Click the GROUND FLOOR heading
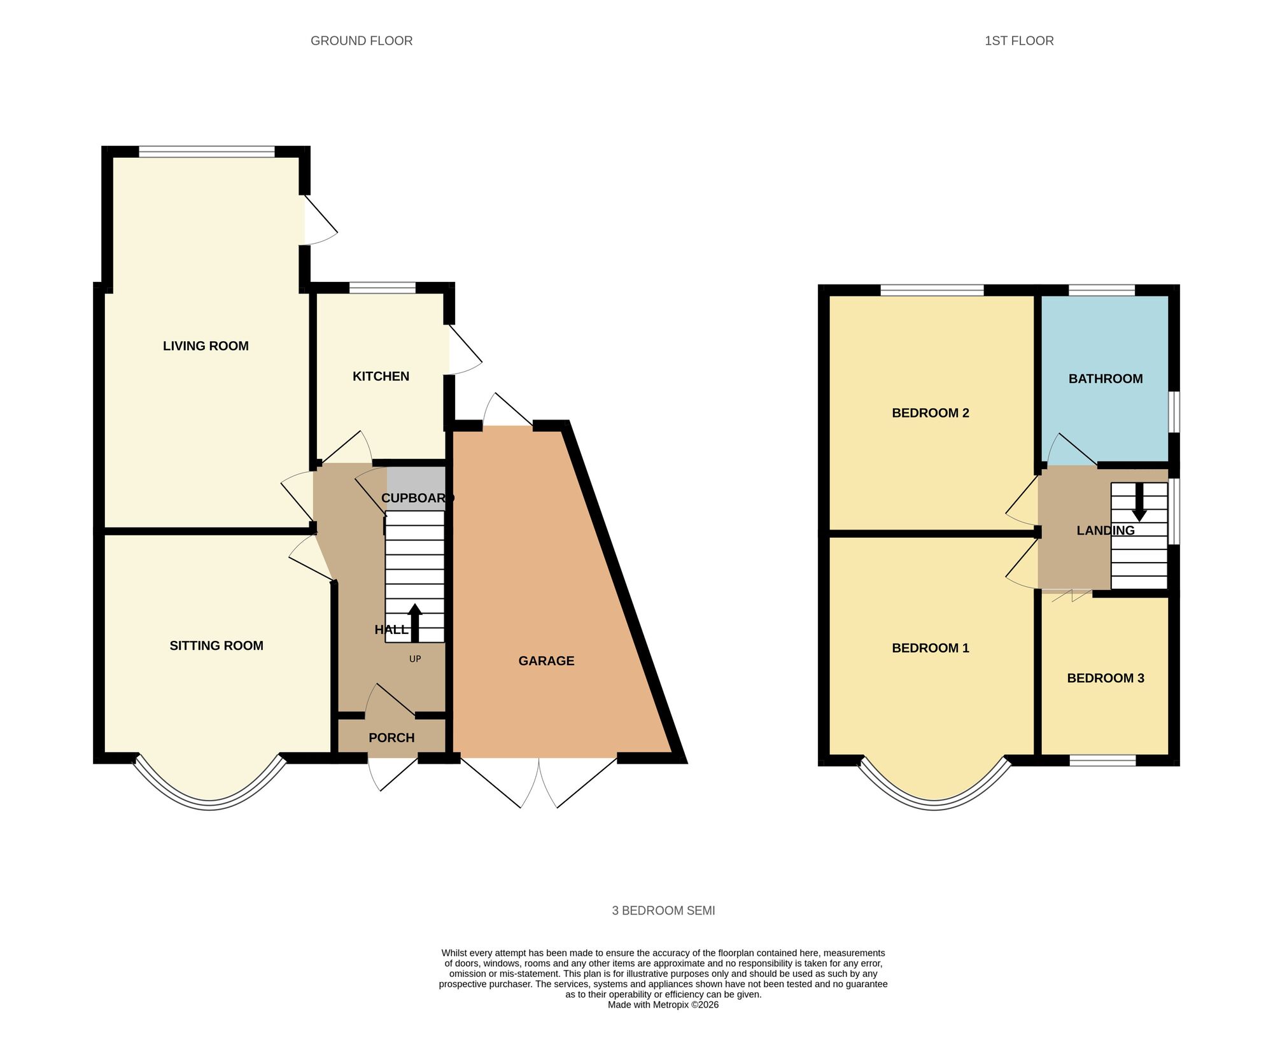click(361, 41)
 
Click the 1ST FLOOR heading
click(1018, 41)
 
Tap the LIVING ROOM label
click(206, 346)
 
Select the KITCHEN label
click(381, 376)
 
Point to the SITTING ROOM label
click(216, 645)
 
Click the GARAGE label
click(546, 661)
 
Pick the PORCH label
click(391, 738)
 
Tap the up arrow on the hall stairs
click(415, 622)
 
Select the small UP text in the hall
click(415, 659)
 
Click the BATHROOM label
click(1106, 379)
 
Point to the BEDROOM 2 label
click(930, 413)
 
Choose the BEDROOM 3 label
click(1106, 678)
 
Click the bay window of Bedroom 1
click(934, 804)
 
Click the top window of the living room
click(207, 151)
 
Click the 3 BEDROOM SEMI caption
click(663, 911)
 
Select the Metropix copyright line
click(663, 1005)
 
